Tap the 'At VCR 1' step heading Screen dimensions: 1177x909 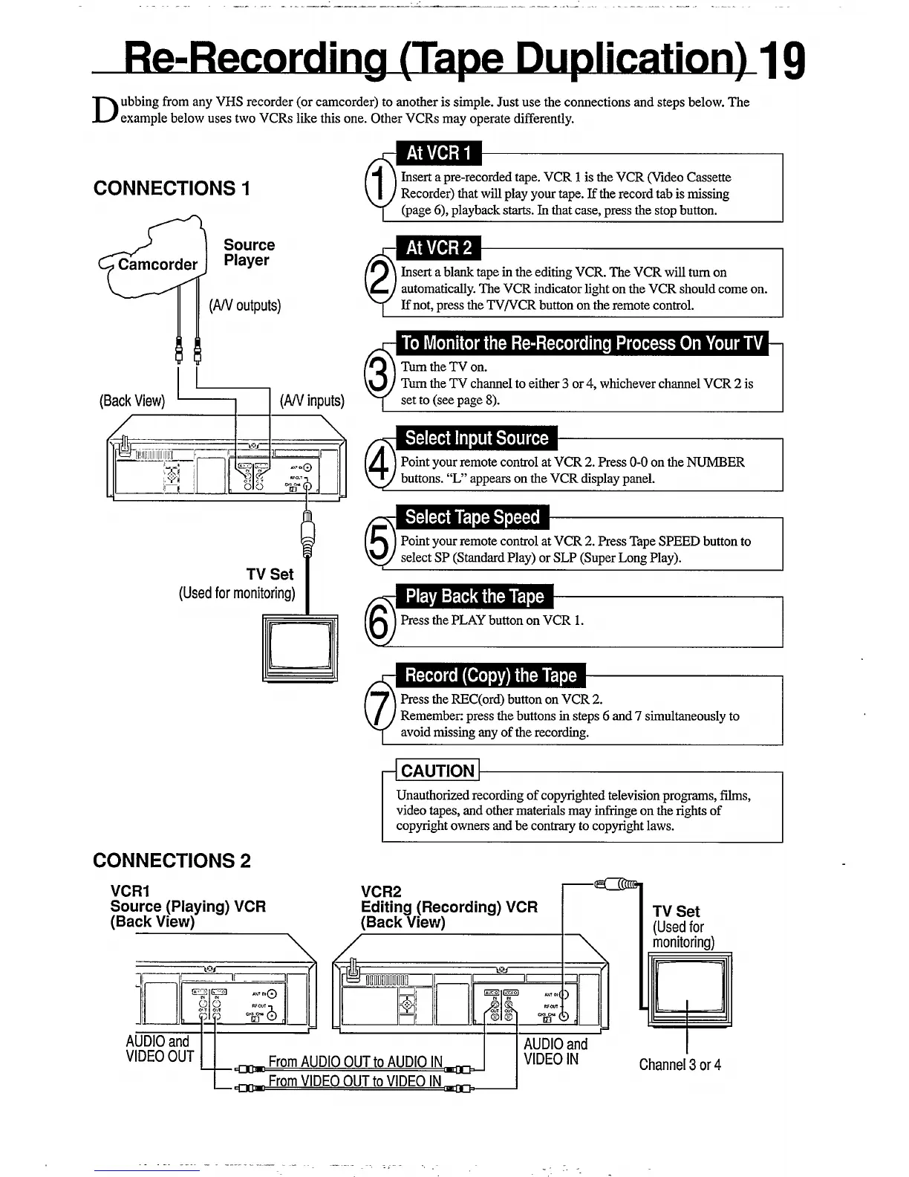pos(438,153)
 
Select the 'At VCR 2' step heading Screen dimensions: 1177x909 pos(438,247)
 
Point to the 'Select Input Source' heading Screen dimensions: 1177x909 pos(476,438)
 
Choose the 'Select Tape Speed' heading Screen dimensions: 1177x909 pos(472,517)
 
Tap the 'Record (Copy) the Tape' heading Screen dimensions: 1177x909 pos(490,675)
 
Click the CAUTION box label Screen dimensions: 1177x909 pos(437,771)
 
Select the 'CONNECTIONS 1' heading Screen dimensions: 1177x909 pos(172,188)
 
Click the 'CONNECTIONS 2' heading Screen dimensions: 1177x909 pos(172,860)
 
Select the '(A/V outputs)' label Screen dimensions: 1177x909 pos(245,305)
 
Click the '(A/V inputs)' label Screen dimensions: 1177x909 pos(312,401)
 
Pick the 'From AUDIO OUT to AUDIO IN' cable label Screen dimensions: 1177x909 pos(355,1062)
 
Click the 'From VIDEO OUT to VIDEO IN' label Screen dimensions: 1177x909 pos(354,1081)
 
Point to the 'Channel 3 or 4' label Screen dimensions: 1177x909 pos(680,1065)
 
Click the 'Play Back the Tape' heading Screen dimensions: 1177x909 pos(475,596)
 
